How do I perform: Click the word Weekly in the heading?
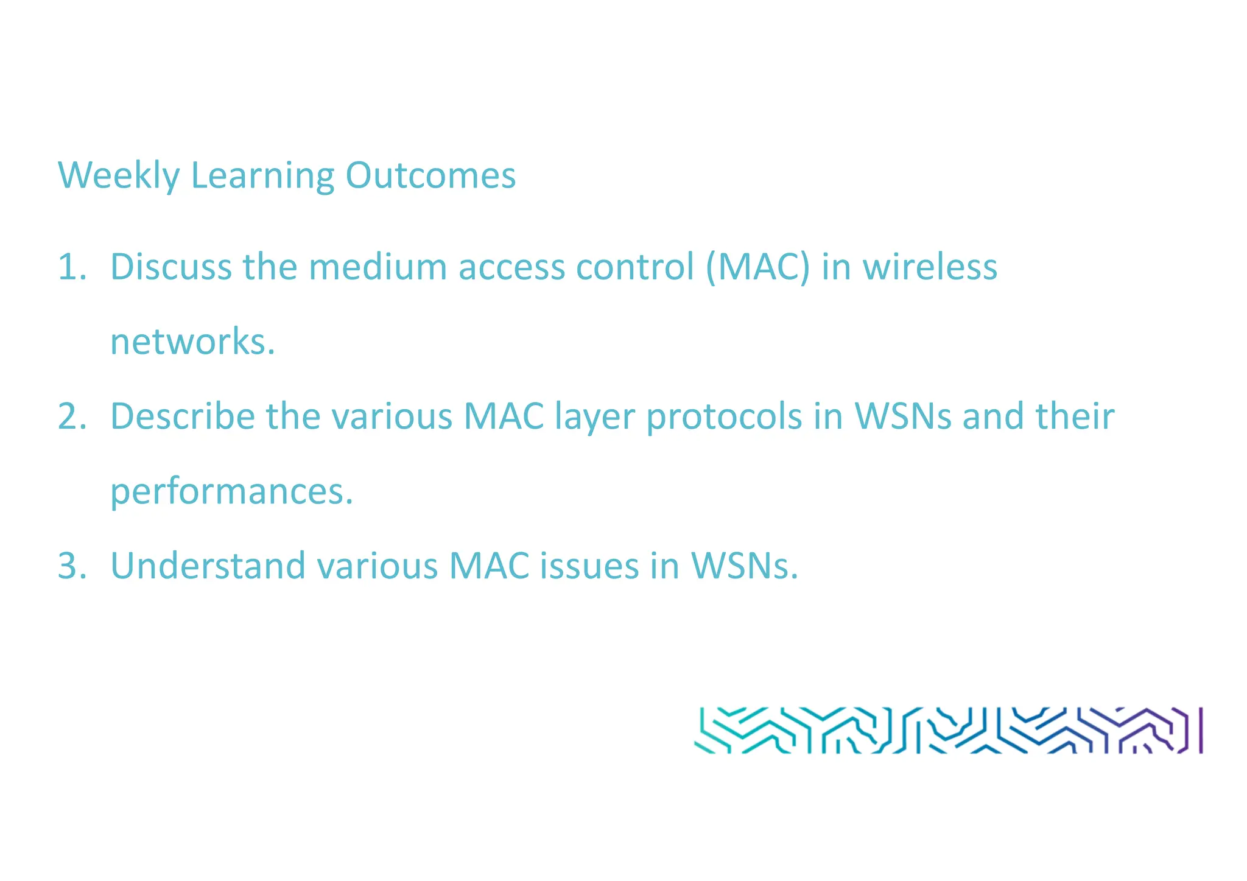[x=119, y=176]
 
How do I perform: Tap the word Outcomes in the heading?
[x=430, y=176]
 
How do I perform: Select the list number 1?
[x=71, y=267]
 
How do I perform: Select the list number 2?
[x=71, y=417]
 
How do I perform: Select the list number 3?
[x=71, y=566]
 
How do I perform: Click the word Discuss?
[x=170, y=267]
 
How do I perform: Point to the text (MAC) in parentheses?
[x=758, y=267]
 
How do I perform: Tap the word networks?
[x=192, y=342]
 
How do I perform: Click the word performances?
[x=231, y=492]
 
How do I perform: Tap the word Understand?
[x=208, y=566]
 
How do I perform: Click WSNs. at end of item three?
[x=744, y=566]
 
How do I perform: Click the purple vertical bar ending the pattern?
[x=1201, y=730]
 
